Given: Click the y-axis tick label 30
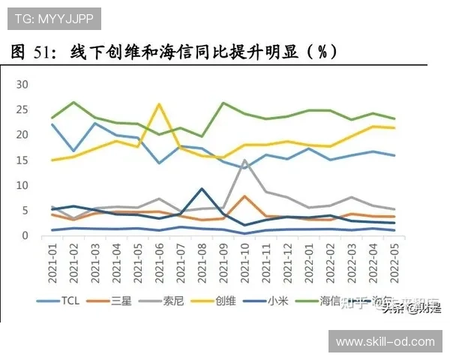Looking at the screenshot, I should point(22,84).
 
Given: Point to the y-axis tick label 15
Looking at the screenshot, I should point(22,160).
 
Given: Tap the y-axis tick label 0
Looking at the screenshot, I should point(25,235).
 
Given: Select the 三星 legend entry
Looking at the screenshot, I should point(121,301).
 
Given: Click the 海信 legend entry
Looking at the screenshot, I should point(331,301).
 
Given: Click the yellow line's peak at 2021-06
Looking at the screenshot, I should point(159,104).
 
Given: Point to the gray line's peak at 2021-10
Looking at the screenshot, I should point(245,160).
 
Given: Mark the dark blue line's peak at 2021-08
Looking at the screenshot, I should point(202,188).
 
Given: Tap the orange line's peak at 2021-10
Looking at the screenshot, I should point(245,196).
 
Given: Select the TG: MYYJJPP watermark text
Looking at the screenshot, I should point(52,16).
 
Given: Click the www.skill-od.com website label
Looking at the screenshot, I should point(384,342).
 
